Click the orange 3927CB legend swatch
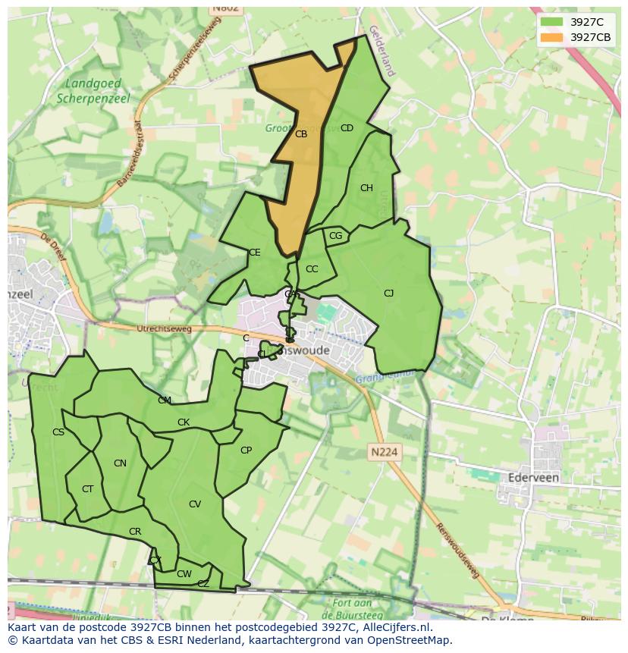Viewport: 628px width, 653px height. pos(551,37)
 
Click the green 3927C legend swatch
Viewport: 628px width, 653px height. pos(551,22)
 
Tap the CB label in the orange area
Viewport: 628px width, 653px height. pos(301,134)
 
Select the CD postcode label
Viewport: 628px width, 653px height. pos(347,128)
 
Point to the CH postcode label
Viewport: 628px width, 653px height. pos(366,188)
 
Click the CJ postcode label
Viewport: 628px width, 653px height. pos(388,294)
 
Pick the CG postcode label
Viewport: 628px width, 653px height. pos(335,237)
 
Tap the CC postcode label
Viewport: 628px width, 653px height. pos(312,269)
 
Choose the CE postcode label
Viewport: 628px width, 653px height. pos(255,253)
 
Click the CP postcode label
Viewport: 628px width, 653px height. pos(246,451)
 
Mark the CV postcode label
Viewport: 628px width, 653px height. pos(195,504)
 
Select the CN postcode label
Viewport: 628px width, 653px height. pos(120,463)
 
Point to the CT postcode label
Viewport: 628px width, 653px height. pos(87,489)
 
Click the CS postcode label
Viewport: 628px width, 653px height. pos(58,432)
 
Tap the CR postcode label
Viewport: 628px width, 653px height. pos(135,532)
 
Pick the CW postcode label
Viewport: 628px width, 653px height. pos(184,574)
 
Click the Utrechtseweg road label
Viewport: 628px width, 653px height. pos(165,329)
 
